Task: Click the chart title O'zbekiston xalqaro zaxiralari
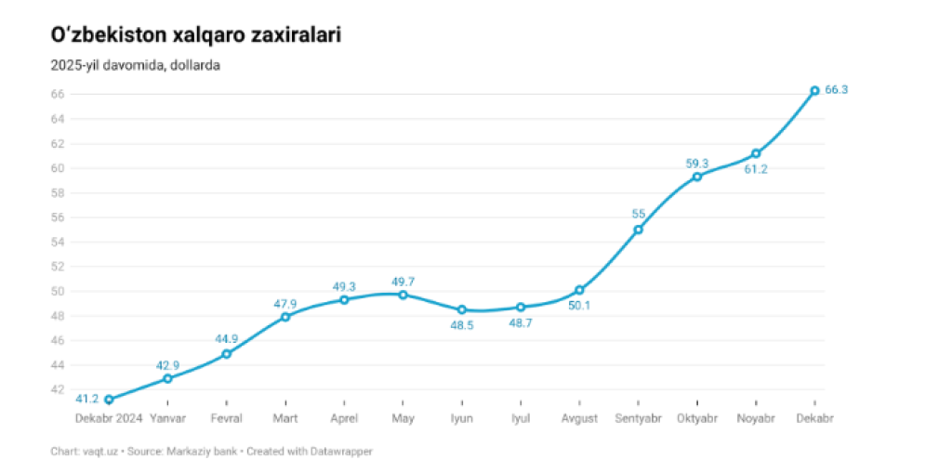[195, 36]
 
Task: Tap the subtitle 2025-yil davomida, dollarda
[136, 66]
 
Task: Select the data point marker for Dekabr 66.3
[814, 90]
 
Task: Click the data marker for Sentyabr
[638, 230]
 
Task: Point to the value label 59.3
[697, 164]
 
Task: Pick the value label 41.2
[87, 400]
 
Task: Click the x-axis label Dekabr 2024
[109, 419]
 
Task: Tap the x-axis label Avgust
[579, 419]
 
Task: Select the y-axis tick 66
[58, 94]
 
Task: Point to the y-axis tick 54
[58, 242]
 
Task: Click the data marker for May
[403, 295]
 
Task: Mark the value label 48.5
[461, 325]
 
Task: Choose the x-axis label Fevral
[226, 419]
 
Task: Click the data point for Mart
[285, 317]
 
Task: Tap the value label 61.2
[755, 169]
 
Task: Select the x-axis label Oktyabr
[696, 419]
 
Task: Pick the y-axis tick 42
[58, 389]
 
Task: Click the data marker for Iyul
[521, 307]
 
